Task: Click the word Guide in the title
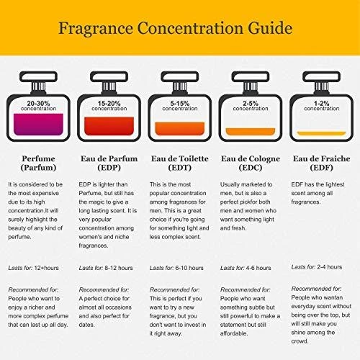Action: (270, 29)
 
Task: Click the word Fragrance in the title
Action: (96, 29)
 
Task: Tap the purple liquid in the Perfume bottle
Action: (38, 125)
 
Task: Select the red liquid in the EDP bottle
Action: (109, 126)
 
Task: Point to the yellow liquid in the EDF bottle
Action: (321, 133)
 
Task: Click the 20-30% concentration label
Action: (38, 106)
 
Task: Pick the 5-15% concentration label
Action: (180, 106)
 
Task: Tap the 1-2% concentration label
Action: (321, 106)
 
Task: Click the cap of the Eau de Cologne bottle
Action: (251, 77)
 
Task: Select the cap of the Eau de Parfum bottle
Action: (109, 77)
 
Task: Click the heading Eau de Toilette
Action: (180, 158)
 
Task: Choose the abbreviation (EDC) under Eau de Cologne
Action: (251, 168)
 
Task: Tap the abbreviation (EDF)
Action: (321, 168)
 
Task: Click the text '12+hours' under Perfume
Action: (46, 268)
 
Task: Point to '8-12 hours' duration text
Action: (119, 268)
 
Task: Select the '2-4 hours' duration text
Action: (330, 267)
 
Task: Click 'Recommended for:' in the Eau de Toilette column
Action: (174, 290)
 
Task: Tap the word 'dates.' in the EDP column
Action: (86, 325)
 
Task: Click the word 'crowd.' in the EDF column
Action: (300, 341)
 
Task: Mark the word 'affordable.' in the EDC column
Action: (234, 333)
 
